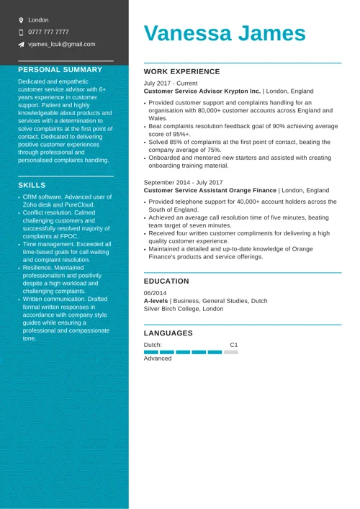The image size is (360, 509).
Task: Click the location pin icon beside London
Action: (x=21, y=20)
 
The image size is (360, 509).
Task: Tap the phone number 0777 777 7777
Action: (x=48, y=32)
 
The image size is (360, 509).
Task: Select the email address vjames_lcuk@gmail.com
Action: (x=61, y=44)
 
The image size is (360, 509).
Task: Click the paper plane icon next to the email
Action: (x=21, y=45)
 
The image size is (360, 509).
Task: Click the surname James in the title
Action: (x=271, y=34)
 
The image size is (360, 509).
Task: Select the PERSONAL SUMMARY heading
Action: (x=60, y=70)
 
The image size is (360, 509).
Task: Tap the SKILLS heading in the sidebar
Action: (x=32, y=185)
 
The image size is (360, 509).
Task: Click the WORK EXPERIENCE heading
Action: (x=181, y=72)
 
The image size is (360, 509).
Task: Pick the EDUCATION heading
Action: (x=166, y=281)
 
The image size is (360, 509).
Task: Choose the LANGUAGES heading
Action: (x=168, y=333)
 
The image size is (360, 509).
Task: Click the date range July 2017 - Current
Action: (x=171, y=84)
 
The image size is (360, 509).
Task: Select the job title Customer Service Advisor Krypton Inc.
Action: (x=202, y=91)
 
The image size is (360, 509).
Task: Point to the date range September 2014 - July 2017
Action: (x=183, y=183)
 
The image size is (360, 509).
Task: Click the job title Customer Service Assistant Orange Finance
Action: (x=210, y=191)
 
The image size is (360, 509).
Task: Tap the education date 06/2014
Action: (x=155, y=293)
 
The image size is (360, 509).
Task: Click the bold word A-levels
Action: (x=156, y=301)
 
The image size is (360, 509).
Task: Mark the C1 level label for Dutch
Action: (x=233, y=345)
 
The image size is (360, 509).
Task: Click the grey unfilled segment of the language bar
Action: (x=230, y=352)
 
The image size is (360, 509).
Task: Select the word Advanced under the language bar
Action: (x=158, y=359)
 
